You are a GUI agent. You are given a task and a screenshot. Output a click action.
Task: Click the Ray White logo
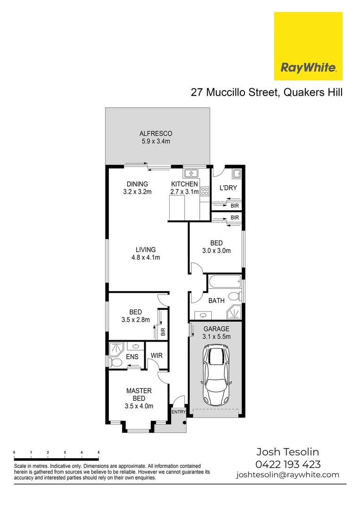click(x=308, y=46)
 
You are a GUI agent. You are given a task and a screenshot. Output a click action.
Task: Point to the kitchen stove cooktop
click(x=205, y=191)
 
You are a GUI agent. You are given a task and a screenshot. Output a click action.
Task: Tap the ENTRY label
click(x=179, y=412)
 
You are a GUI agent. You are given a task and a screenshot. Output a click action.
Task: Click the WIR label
click(x=156, y=355)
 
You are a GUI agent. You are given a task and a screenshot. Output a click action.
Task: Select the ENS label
click(x=132, y=357)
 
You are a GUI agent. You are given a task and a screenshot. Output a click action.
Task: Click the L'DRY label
click(x=228, y=188)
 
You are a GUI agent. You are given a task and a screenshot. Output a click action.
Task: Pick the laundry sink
click(x=237, y=173)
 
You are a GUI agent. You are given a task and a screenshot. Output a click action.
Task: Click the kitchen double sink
click(x=191, y=173)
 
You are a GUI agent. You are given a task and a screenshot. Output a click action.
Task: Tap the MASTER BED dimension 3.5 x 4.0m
click(x=139, y=406)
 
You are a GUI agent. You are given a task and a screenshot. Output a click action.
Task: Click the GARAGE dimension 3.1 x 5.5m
click(x=216, y=337)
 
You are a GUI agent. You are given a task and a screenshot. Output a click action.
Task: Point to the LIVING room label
click(x=146, y=250)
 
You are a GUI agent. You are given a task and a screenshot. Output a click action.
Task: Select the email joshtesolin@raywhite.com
click(x=287, y=475)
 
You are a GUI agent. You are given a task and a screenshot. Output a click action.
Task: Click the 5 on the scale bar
click(x=98, y=452)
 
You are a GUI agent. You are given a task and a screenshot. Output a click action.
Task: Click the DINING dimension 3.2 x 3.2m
click(x=137, y=192)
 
